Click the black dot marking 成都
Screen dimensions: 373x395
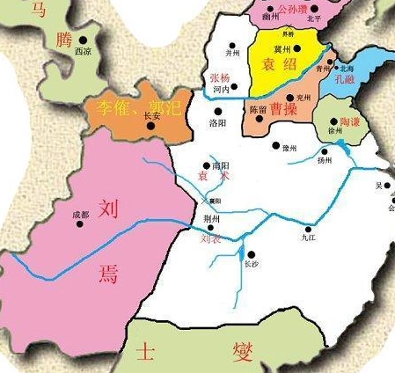(81, 223)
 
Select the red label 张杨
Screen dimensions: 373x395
(221, 77)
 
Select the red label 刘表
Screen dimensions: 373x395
(211, 238)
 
